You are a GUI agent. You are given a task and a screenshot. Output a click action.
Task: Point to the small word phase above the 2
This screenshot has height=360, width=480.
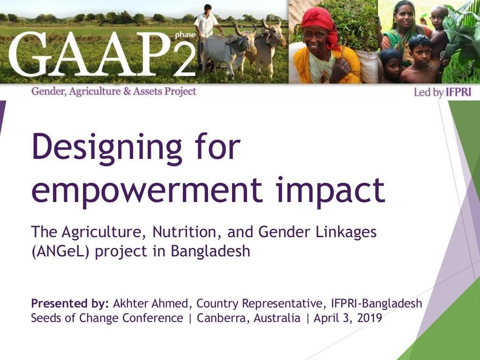coord(181,34)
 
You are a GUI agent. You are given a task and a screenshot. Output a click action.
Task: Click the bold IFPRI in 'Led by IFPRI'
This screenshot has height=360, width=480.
coord(458,92)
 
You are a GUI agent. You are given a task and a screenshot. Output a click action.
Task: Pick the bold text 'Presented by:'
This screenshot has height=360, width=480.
coord(70,303)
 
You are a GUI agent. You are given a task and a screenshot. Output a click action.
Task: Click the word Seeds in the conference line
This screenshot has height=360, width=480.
coord(46,318)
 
